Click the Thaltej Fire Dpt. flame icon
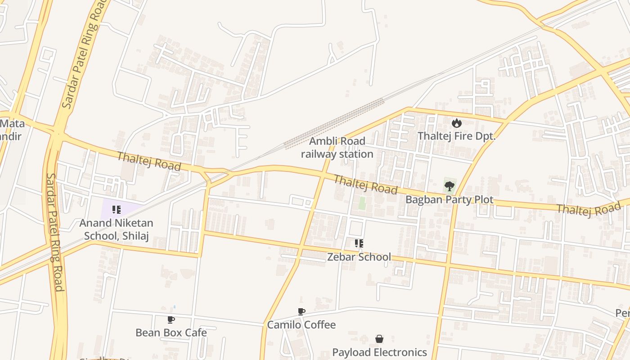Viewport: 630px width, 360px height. pyautogui.click(x=457, y=123)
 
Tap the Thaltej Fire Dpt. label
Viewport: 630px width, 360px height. pyautogui.click(x=456, y=136)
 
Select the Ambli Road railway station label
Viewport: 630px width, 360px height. pyautogui.click(x=337, y=148)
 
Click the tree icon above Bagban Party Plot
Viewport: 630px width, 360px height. pyautogui.click(x=449, y=186)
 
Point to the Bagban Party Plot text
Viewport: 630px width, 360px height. pyautogui.click(x=449, y=199)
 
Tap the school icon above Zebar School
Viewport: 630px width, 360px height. pyautogui.click(x=359, y=243)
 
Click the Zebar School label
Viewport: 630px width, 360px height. pyautogui.click(x=359, y=257)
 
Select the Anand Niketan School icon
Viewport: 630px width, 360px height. pyautogui.click(x=117, y=209)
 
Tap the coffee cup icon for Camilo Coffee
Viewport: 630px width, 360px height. pyautogui.click(x=301, y=311)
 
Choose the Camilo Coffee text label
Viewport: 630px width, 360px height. pyautogui.click(x=301, y=324)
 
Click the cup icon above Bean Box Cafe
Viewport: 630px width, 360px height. pyautogui.click(x=171, y=319)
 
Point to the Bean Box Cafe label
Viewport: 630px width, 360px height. pyautogui.click(x=171, y=333)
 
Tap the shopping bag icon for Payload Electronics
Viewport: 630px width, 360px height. pyautogui.click(x=379, y=339)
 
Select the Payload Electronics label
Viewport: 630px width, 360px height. pyautogui.click(x=379, y=351)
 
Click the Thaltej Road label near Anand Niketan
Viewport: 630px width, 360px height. pyautogui.click(x=149, y=161)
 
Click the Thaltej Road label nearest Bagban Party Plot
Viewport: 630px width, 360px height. pyautogui.click(x=365, y=184)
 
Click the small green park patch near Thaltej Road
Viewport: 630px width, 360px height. pyautogui.click(x=362, y=203)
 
